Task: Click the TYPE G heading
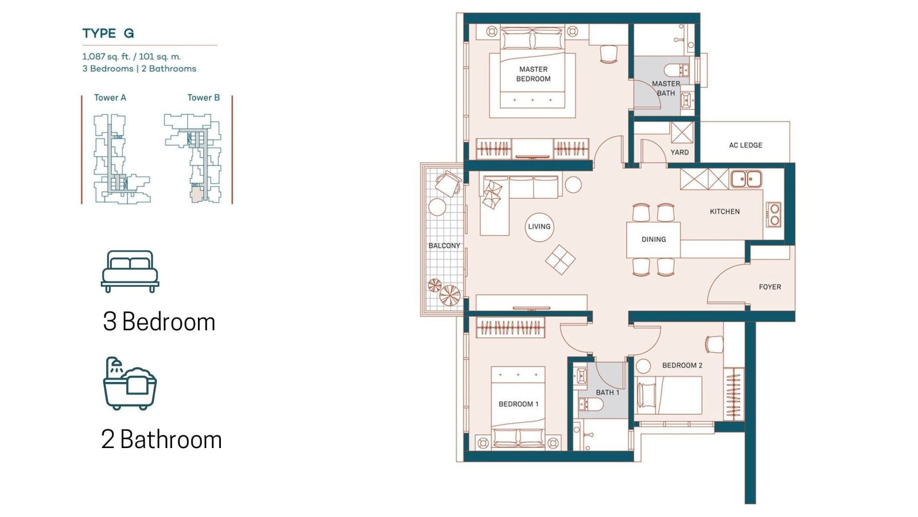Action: click(x=108, y=33)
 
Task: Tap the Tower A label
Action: click(x=110, y=98)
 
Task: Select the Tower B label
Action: click(x=204, y=98)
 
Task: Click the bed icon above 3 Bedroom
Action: click(x=130, y=271)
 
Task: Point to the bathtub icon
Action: click(x=130, y=383)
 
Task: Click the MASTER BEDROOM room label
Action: click(x=533, y=74)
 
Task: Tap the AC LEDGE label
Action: click(x=745, y=145)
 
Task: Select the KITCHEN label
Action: click(x=725, y=212)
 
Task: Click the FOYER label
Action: click(x=769, y=287)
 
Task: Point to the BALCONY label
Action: click(x=444, y=246)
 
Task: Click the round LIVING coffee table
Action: click(x=539, y=227)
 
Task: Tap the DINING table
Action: click(x=654, y=240)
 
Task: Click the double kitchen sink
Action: click(x=746, y=179)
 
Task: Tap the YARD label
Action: click(x=679, y=152)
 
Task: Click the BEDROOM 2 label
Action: click(x=682, y=365)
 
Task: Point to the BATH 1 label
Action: click(x=608, y=393)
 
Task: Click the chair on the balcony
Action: click(x=448, y=183)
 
